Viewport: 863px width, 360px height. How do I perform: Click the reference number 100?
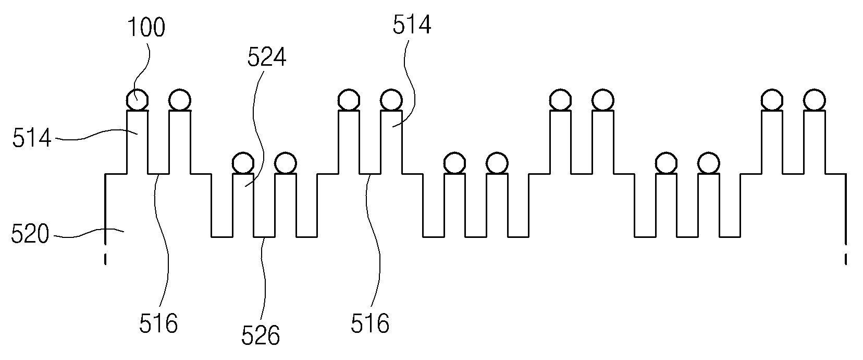point(146,28)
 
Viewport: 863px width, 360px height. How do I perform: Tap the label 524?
point(267,57)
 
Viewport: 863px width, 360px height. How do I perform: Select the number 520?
point(30,234)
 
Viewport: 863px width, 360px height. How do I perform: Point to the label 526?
point(261,335)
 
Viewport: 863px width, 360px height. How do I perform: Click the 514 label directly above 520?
point(32,138)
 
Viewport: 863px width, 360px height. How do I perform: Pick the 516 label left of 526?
point(158,323)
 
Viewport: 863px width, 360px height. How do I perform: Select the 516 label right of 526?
point(370,323)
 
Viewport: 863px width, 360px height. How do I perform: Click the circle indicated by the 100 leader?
point(137,100)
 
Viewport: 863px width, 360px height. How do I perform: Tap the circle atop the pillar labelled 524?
point(243,163)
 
